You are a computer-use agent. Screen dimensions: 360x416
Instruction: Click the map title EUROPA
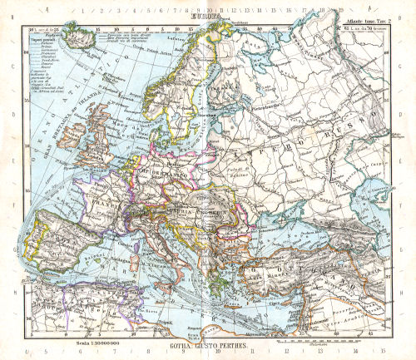point(206,16)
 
